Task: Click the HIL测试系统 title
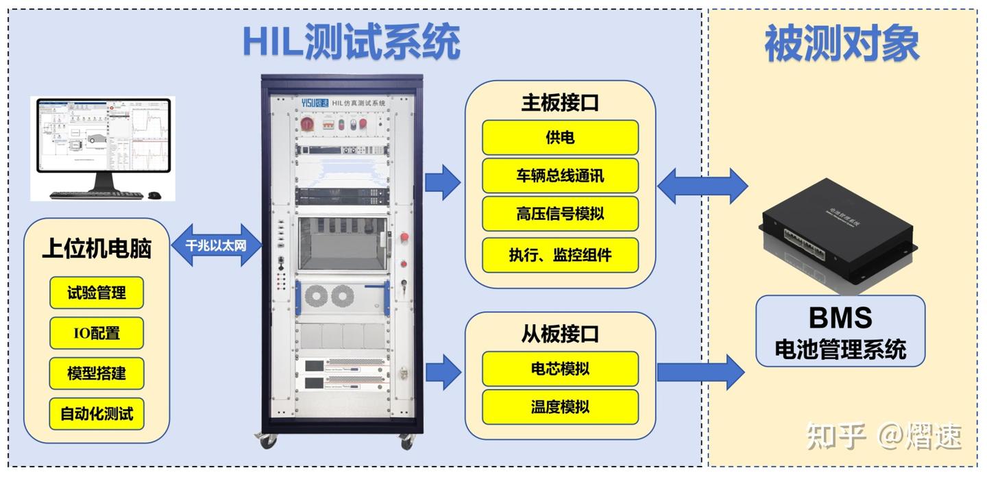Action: (x=351, y=42)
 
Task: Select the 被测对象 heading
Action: (x=842, y=43)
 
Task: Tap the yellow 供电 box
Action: (x=560, y=138)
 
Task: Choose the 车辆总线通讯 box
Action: (x=560, y=175)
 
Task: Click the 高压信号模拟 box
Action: (x=560, y=214)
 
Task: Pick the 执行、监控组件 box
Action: (x=560, y=255)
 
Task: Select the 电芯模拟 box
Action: (x=560, y=369)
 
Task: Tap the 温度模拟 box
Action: (x=560, y=407)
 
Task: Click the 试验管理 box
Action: (x=97, y=293)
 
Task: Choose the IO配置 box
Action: (x=97, y=333)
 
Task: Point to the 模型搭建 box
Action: (x=97, y=374)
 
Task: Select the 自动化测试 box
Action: (x=97, y=414)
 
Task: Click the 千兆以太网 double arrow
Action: (x=216, y=245)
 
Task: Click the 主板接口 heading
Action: (x=560, y=103)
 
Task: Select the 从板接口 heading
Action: (x=560, y=334)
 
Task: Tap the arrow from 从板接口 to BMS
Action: (x=700, y=372)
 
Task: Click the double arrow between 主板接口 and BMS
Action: (x=702, y=186)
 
